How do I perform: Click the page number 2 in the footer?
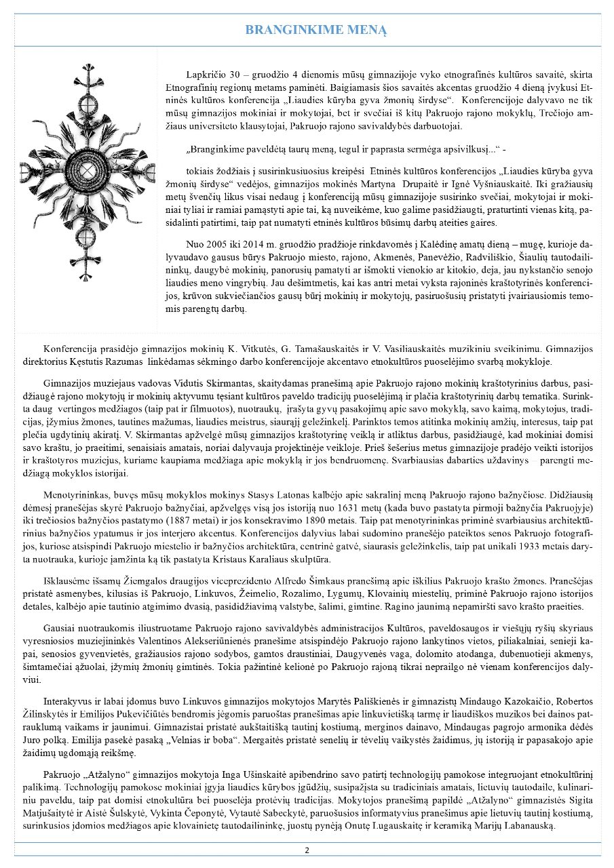click(x=307, y=850)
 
